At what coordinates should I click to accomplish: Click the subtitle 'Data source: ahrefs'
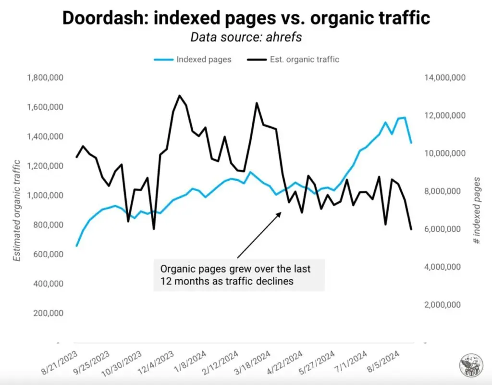246,37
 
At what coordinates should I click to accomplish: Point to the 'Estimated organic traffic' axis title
17,211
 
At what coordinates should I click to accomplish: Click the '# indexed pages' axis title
477,211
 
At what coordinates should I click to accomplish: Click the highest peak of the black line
179,96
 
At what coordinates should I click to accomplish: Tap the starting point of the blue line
76,246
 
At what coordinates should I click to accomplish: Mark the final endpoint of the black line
411,229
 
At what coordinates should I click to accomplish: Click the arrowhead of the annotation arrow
281,212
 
